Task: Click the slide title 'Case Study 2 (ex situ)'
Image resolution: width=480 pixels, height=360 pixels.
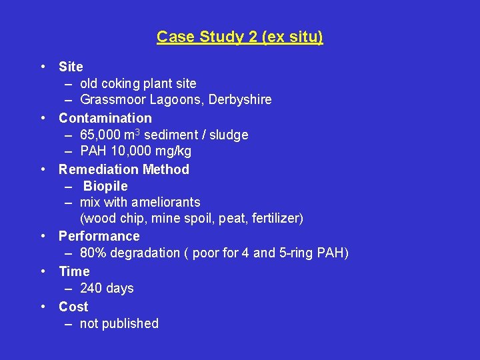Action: click(x=240, y=37)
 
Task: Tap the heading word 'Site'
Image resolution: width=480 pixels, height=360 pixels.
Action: click(x=71, y=67)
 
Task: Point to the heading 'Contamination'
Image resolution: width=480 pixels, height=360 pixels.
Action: click(x=105, y=118)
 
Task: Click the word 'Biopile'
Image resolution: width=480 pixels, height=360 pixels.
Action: click(x=105, y=186)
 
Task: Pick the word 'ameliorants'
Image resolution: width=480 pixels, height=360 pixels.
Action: click(x=166, y=202)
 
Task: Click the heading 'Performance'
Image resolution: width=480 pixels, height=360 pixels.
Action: click(x=99, y=236)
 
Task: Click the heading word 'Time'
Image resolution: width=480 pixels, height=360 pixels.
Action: click(x=74, y=271)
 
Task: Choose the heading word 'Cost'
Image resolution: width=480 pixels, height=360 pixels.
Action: click(x=73, y=307)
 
